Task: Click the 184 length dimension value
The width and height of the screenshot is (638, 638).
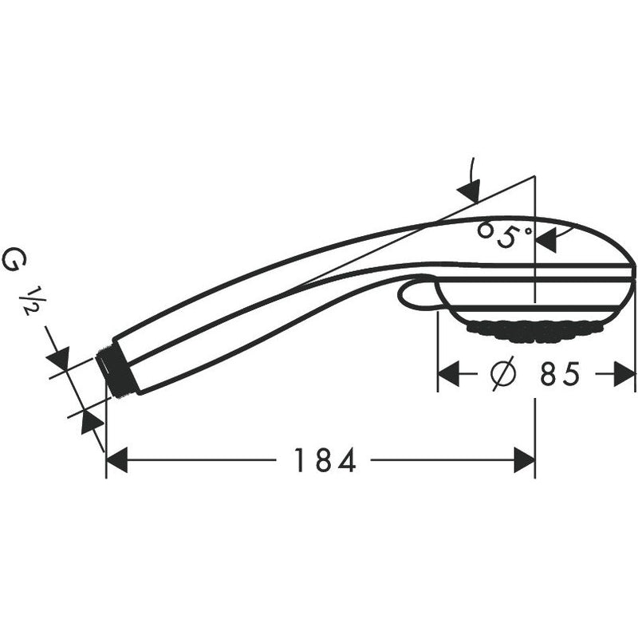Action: pyautogui.click(x=325, y=460)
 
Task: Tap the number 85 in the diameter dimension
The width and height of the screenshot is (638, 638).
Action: pyautogui.click(x=560, y=374)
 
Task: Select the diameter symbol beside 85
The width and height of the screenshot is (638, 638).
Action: pyautogui.click(x=503, y=373)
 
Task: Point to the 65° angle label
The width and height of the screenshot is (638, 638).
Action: pyautogui.click(x=505, y=234)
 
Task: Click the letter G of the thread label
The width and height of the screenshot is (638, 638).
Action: pyautogui.click(x=14, y=261)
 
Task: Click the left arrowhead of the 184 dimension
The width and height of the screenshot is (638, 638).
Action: pyautogui.click(x=117, y=460)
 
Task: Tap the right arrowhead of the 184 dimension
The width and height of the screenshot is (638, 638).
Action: pyautogui.click(x=525, y=460)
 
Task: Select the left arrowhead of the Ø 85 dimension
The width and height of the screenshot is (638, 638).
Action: pyautogui.click(x=448, y=373)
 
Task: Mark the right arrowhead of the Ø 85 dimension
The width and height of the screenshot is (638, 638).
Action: pyautogui.click(x=624, y=373)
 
